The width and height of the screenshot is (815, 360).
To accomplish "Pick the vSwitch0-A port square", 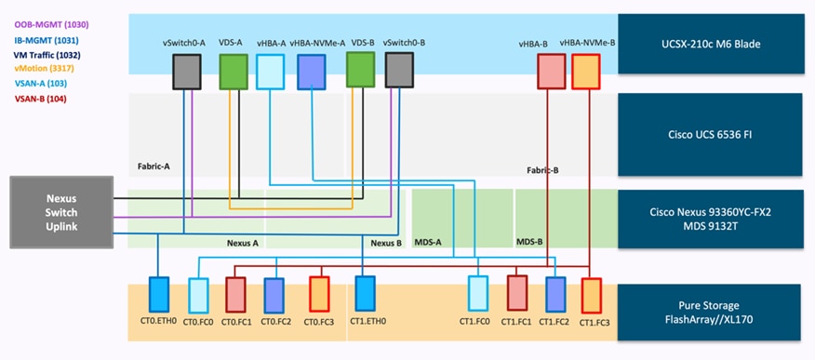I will (188, 71).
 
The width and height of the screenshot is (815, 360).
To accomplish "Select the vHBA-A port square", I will (270, 72).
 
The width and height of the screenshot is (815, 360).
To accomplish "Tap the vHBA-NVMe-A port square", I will (311, 72).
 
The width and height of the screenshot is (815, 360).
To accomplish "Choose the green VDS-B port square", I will (360, 70).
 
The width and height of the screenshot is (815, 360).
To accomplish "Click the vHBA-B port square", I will (550, 72).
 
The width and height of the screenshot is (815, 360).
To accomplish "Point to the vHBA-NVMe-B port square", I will (586, 72).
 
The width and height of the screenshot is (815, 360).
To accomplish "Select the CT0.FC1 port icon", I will (234, 293).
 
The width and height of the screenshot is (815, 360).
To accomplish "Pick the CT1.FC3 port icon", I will (590, 294).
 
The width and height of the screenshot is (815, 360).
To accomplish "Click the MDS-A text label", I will (427, 242).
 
